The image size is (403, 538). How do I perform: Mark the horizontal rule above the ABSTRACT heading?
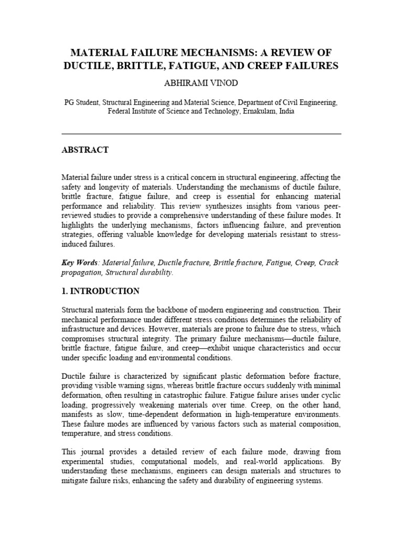201,134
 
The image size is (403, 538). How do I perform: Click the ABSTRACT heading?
85,150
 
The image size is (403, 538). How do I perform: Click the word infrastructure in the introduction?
84,329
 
